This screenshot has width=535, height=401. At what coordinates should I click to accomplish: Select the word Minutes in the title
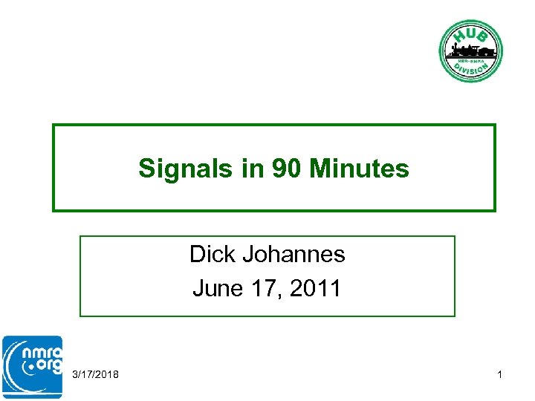coord(360,169)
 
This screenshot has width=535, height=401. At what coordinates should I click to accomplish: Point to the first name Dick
coord(212,254)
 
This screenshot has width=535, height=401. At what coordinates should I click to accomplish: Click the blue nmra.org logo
coord(32,368)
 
